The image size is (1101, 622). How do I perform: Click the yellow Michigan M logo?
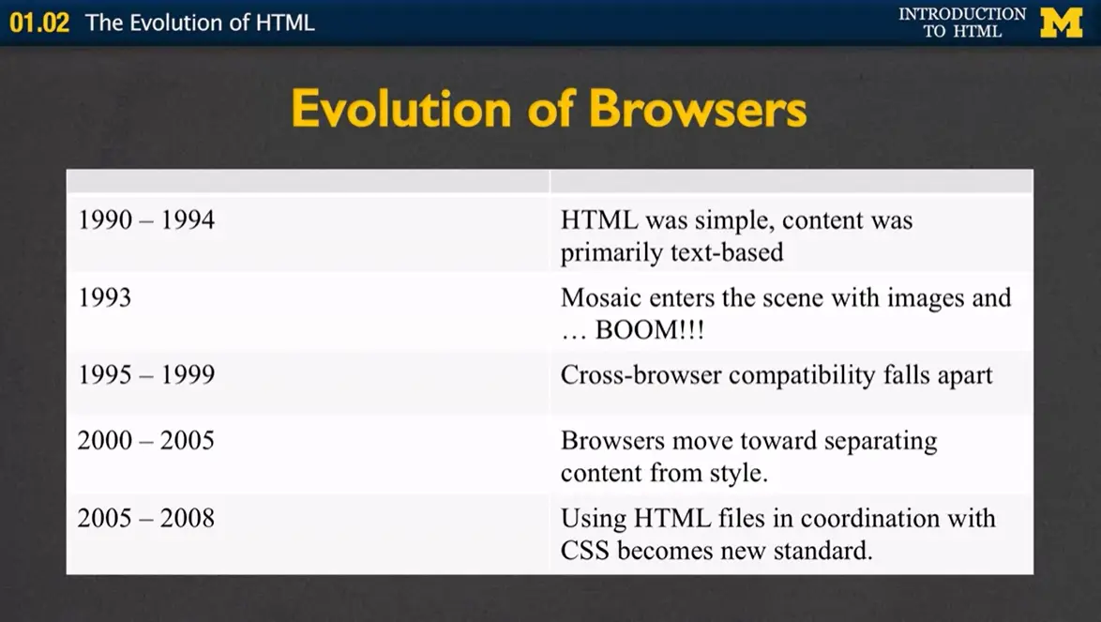pyautogui.click(x=1061, y=23)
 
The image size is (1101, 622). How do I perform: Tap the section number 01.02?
pyautogui.click(x=39, y=23)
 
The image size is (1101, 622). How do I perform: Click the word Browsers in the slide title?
pyautogui.click(x=698, y=110)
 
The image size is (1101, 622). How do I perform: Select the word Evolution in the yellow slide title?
pyautogui.click(x=402, y=110)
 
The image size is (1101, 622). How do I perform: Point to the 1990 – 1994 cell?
pyautogui.click(x=146, y=220)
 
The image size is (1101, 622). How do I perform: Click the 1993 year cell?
pyautogui.click(x=104, y=298)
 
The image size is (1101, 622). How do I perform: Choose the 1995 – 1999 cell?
pyautogui.click(x=146, y=375)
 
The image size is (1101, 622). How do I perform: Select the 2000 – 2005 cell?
pyautogui.click(x=146, y=440)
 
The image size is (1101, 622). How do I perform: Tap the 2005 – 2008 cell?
pyautogui.click(x=146, y=518)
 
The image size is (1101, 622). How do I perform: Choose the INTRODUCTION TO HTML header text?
pyautogui.click(x=961, y=23)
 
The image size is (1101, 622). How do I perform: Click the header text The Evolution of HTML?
pyautogui.click(x=200, y=23)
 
